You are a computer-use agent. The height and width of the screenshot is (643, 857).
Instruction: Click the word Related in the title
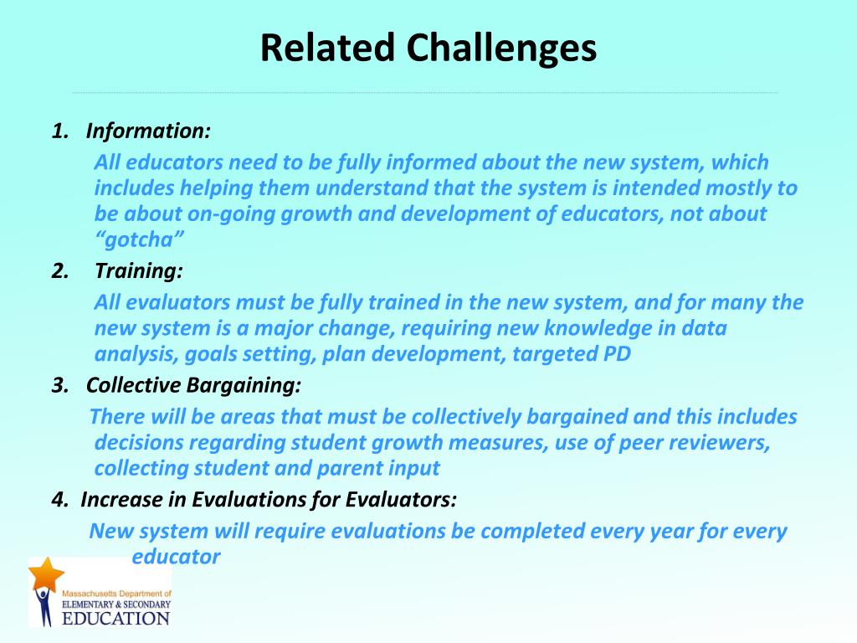(x=327, y=48)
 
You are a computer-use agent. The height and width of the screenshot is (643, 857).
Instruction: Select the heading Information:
(x=148, y=131)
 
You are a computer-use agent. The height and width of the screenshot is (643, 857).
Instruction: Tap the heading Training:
(x=139, y=271)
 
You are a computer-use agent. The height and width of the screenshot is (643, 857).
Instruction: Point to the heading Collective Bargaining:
(x=193, y=385)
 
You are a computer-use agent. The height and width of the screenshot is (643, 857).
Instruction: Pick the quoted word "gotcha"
(x=140, y=239)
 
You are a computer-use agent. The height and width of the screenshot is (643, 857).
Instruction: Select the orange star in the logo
(x=47, y=574)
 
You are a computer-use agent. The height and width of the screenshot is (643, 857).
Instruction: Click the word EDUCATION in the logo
(x=115, y=619)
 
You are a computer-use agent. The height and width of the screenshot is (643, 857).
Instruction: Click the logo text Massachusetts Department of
(x=116, y=594)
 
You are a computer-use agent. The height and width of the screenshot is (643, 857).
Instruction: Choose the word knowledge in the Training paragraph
(x=598, y=328)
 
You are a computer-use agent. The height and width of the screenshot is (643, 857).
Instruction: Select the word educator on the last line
(x=176, y=557)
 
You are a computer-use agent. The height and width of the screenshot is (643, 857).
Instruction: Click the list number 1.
(x=60, y=131)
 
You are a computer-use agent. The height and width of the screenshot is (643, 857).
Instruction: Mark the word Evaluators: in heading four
(x=401, y=500)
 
